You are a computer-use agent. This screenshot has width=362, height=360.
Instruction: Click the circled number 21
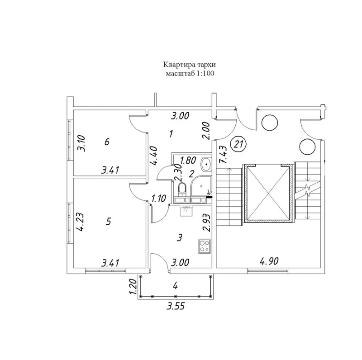(x=239, y=144)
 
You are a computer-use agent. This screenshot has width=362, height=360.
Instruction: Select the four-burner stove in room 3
(x=205, y=246)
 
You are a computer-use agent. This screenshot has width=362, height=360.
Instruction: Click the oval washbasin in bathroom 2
(x=206, y=164)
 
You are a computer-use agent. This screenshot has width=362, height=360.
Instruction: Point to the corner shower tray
(x=201, y=187)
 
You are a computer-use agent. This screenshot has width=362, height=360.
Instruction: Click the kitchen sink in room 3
(x=186, y=211)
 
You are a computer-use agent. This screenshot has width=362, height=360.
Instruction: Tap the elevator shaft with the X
(x=268, y=193)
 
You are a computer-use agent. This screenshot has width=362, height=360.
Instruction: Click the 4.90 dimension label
(x=269, y=261)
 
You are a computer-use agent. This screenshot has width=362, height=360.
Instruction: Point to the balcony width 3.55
(x=176, y=307)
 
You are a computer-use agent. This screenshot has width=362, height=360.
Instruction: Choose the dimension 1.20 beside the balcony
(x=133, y=286)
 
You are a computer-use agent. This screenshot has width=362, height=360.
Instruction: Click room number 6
(x=107, y=142)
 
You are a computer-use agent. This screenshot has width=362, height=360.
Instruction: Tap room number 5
(x=109, y=221)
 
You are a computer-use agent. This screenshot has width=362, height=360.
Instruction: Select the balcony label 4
(x=175, y=286)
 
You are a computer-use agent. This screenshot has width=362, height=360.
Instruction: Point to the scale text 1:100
(x=205, y=74)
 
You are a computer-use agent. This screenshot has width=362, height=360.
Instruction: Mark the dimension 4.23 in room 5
(x=80, y=222)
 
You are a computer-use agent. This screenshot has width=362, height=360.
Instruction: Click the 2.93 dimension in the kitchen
(x=207, y=223)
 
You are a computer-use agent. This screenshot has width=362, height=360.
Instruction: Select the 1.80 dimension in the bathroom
(x=188, y=160)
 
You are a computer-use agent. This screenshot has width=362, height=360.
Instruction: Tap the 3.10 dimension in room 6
(x=81, y=143)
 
